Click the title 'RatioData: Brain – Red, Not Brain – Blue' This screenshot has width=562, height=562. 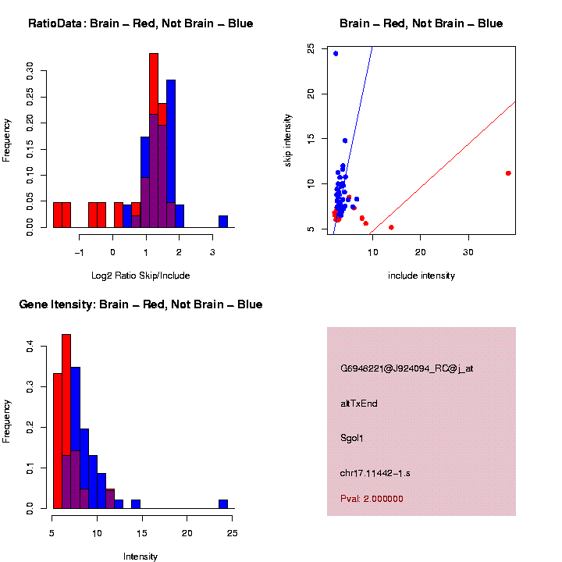click(x=140, y=23)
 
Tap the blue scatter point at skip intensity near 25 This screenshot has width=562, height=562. click(x=336, y=53)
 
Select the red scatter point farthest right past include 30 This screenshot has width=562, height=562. click(x=508, y=173)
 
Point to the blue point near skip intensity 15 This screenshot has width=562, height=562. click(x=345, y=140)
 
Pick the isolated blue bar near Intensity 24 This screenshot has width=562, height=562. click(x=223, y=504)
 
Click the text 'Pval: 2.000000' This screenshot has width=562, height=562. click(x=372, y=499)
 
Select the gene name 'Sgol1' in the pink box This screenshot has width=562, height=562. click(x=352, y=438)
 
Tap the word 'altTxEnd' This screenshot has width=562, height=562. click(x=359, y=404)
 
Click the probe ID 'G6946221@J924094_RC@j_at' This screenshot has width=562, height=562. click(x=407, y=368)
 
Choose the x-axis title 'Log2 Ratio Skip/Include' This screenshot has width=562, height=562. click(x=140, y=275)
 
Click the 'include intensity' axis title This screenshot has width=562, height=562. click(x=421, y=276)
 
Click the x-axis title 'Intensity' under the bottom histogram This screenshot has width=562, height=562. click(x=140, y=557)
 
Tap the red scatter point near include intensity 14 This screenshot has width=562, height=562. click(x=391, y=227)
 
